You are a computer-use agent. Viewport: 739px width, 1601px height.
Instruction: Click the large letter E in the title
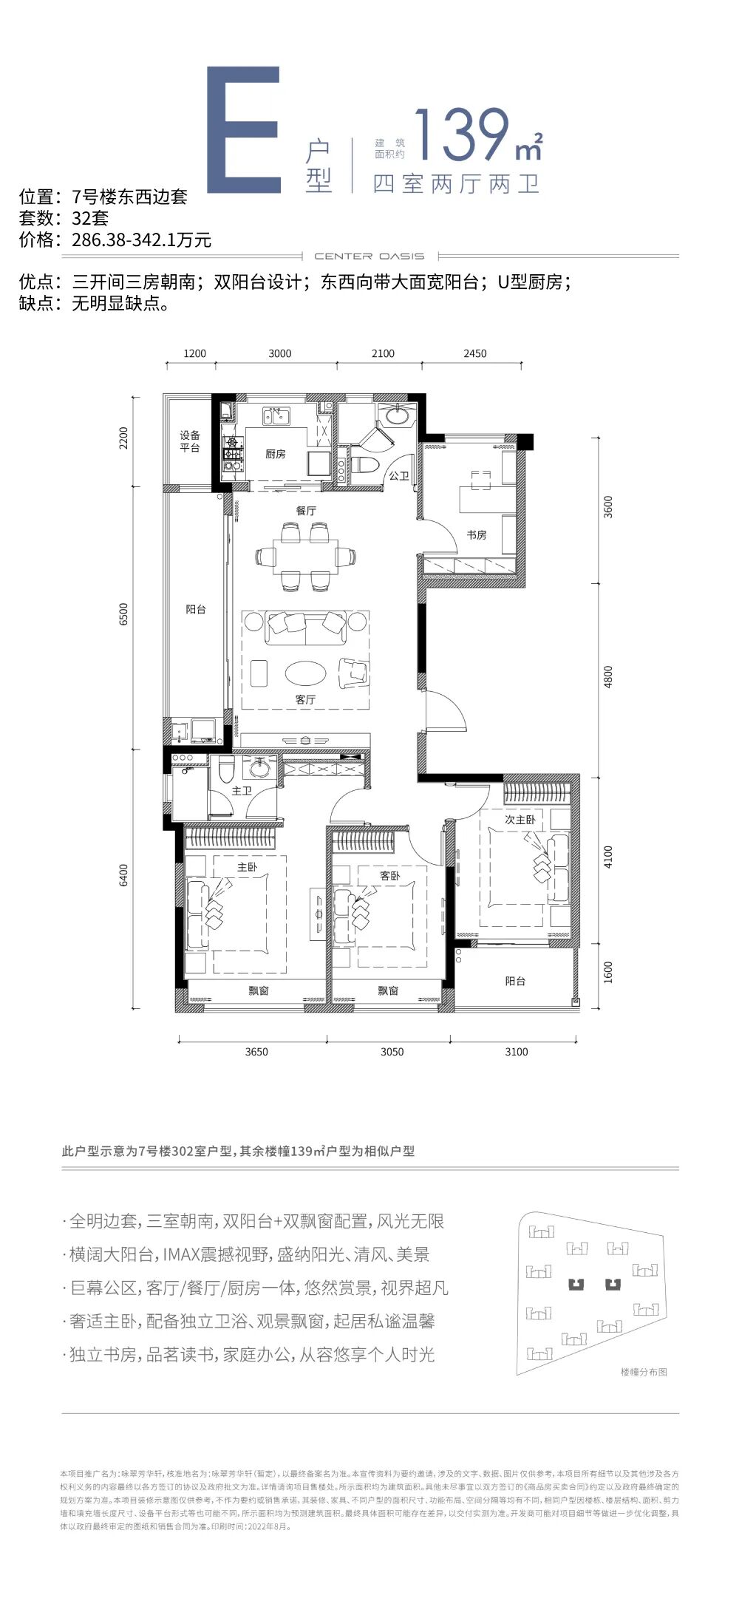[x=244, y=130]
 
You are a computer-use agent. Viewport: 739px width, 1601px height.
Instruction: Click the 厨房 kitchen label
[x=275, y=454]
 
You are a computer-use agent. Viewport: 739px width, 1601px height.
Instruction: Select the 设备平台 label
[x=190, y=441]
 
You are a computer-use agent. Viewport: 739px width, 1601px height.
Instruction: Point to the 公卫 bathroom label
[x=399, y=476]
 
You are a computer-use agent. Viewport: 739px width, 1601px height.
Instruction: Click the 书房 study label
[x=476, y=534]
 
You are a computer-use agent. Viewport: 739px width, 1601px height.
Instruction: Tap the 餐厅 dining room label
[x=305, y=511]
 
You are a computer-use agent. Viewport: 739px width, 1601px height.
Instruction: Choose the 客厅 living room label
[x=305, y=699]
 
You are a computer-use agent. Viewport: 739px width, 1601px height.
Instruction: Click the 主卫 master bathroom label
[x=242, y=791]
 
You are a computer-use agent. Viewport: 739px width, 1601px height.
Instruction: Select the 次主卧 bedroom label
[x=520, y=820]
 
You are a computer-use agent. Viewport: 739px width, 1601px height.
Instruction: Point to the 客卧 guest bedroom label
[x=389, y=876]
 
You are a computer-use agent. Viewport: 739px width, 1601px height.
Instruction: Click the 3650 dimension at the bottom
[x=256, y=1052]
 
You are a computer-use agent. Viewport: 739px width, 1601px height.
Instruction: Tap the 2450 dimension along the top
[x=474, y=353]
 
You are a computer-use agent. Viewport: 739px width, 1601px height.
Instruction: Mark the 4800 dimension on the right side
[x=608, y=676]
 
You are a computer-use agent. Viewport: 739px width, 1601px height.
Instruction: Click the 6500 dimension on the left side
[x=123, y=615]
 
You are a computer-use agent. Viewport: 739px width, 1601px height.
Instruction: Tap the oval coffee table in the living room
[x=305, y=673]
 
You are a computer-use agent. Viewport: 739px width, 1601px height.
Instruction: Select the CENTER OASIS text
[x=369, y=256]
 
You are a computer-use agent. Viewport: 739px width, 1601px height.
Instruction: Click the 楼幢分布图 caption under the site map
[x=644, y=1372]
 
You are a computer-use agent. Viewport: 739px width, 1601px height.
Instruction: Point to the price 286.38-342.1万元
[x=142, y=239]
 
